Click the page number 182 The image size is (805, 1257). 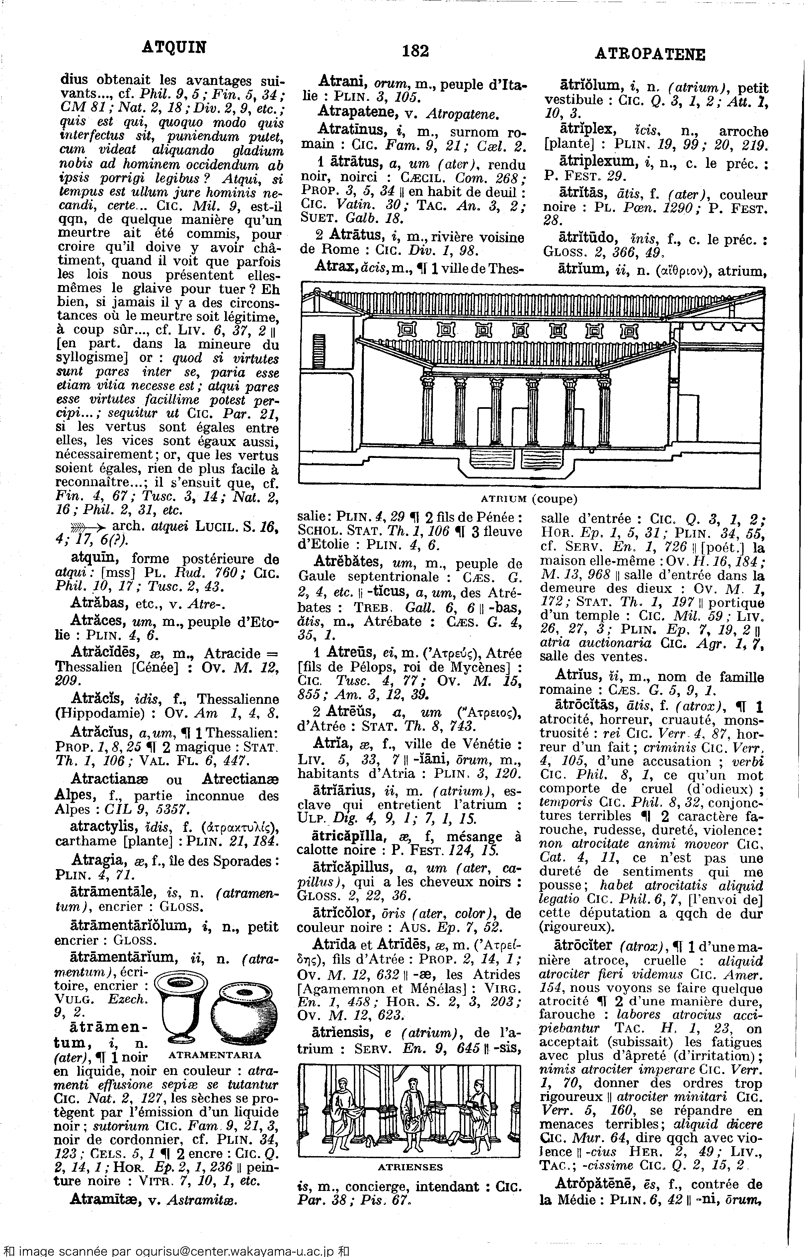[x=416, y=51]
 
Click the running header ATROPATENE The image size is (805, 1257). [x=651, y=54]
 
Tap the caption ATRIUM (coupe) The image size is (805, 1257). [x=530, y=499]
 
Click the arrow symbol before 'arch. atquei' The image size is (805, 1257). [x=89, y=528]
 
